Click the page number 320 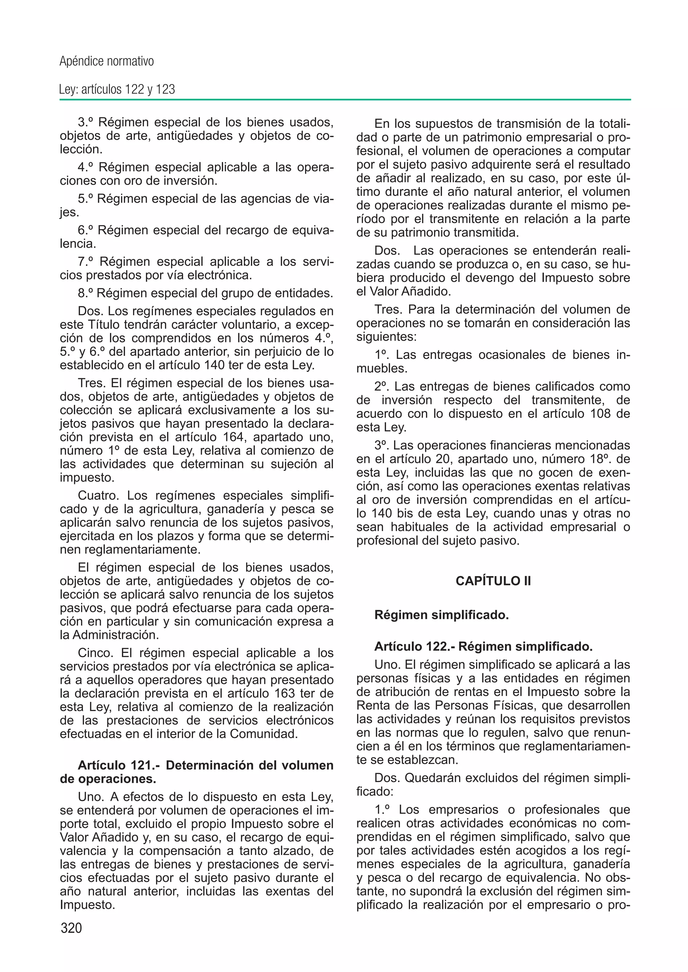point(71,928)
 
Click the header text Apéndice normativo point(106,62)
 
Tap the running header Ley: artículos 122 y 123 point(117,89)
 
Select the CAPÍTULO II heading point(493,581)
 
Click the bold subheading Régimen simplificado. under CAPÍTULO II point(441,615)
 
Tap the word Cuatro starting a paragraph point(99,495)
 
